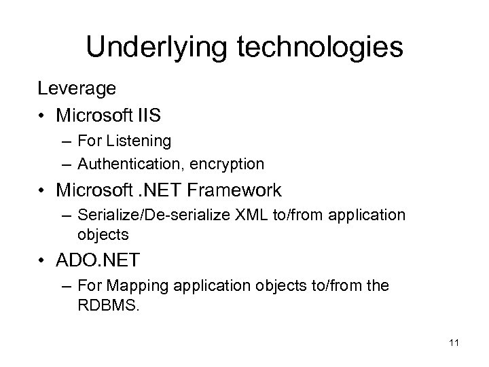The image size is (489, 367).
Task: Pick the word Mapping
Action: click(135, 286)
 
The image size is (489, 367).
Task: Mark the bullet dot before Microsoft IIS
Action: click(44, 116)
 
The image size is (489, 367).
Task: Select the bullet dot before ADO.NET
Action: click(44, 261)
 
